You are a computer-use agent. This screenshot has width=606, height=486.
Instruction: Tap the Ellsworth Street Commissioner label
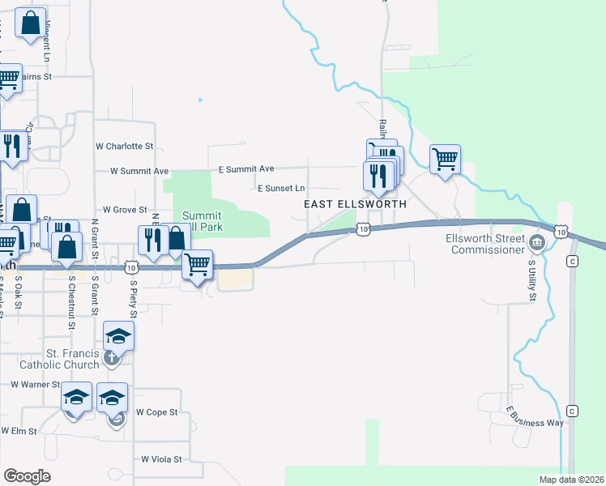pyautogui.click(x=484, y=243)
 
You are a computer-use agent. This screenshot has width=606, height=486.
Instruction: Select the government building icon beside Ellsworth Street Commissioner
pyautogui.click(x=536, y=243)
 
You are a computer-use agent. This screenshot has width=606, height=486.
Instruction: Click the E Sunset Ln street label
pyautogui.click(x=281, y=188)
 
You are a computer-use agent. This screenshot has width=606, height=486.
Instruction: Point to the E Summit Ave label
pyautogui.click(x=246, y=168)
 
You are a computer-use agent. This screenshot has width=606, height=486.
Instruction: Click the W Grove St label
pyautogui.click(x=124, y=209)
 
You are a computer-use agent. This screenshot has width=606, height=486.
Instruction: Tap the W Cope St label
pyautogui.click(x=156, y=412)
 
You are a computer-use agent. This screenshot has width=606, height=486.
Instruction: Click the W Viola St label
pyautogui.click(x=162, y=458)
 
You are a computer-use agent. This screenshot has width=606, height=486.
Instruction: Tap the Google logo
pyautogui.click(x=28, y=476)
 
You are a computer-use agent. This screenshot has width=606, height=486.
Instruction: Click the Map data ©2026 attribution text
pyautogui.click(x=571, y=480)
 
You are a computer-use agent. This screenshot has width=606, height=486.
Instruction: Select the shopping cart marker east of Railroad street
pyautogui.click(x=445, y=159)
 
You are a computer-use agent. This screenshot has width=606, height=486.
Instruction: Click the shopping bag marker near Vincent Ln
pyautogui.click(x=30, y=25)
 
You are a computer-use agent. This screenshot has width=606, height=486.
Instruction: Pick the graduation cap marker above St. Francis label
pyautogui.click(x=118, y=335)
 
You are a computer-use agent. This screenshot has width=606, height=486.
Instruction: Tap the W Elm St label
pyautogui.click(x=19, y=431)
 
